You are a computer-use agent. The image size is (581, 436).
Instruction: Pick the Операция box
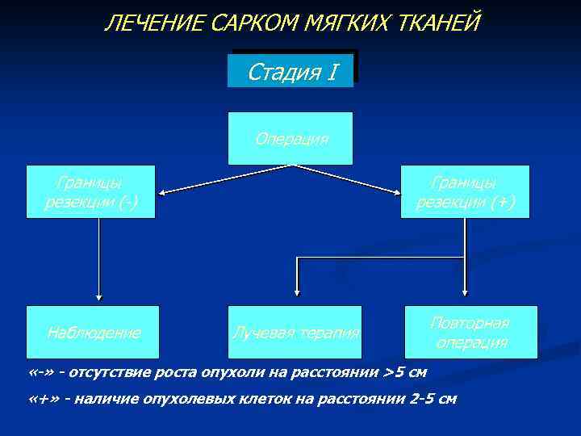point(291,139)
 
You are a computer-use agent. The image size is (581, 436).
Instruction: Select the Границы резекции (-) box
point(90,192)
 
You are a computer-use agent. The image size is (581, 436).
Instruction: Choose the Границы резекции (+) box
point(465,192)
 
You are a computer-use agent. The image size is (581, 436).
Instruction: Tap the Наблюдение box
point(94,332)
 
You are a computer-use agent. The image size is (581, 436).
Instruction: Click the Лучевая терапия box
point(295,332)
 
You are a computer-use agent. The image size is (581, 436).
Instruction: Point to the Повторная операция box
point(469,332)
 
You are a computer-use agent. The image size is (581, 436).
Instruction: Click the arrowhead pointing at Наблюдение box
point(99,297)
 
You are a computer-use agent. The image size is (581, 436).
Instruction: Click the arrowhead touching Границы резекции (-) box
point(161,193)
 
